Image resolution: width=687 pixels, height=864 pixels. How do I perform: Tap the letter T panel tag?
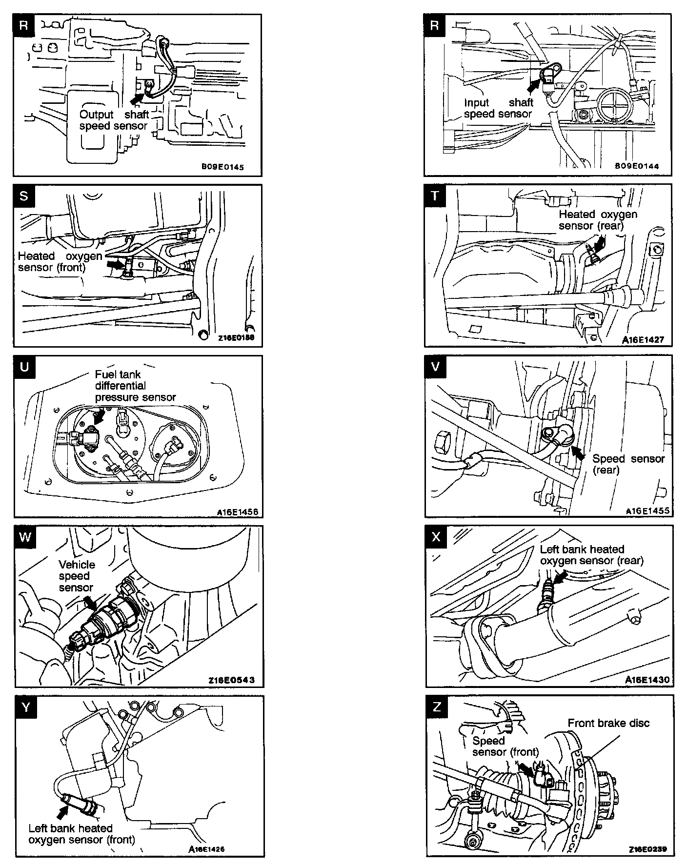(435, 196)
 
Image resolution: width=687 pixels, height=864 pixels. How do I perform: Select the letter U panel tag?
(24, 367)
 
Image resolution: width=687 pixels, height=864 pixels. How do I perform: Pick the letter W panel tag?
(25, 537)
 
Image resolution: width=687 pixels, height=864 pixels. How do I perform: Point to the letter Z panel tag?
(436, 707)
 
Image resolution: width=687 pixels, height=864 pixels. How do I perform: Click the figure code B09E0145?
(222, 167)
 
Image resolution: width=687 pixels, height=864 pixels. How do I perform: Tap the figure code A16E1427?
(643, 339)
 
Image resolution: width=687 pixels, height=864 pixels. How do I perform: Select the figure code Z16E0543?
(231, 680)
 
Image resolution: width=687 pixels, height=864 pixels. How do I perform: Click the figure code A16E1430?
(647, 679)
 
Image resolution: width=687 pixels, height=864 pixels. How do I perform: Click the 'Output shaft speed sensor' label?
(114, 120)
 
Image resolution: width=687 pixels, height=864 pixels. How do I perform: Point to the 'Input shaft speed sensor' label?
(498, 108)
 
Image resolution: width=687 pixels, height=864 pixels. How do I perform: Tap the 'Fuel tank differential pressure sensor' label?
(135, 386)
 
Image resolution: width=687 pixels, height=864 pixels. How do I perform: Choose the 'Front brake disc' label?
(608, 723)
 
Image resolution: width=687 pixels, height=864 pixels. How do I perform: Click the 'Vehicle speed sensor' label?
(77, 576)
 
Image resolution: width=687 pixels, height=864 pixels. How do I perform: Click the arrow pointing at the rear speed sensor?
(579, 453)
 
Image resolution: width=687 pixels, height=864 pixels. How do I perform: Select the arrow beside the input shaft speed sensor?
(535, 86)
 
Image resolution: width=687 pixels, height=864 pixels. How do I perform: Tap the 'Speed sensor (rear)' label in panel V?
(628, 464)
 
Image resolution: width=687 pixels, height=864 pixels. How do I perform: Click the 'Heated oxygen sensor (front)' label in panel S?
(60, 262)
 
